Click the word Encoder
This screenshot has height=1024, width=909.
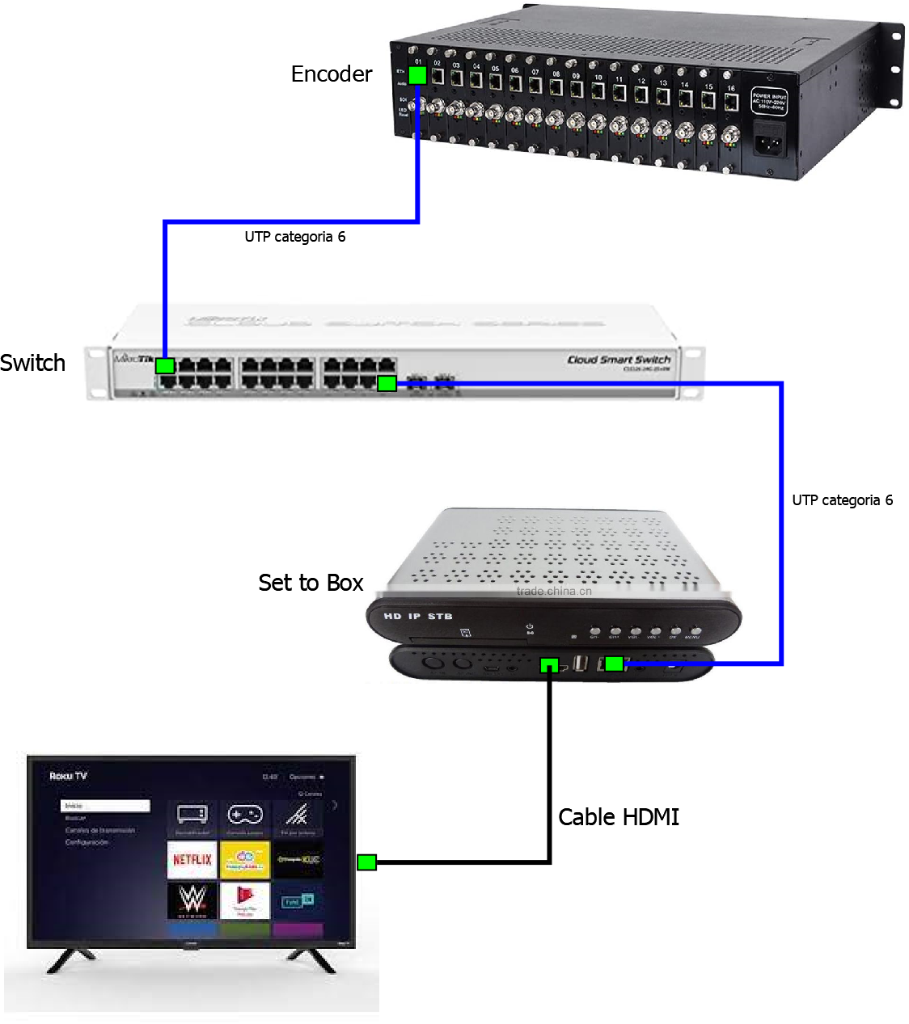(332, 74)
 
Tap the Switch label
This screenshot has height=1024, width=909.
(33, 363)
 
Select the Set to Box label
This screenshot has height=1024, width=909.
(311, 583)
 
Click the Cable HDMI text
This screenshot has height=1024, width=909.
(619, 817)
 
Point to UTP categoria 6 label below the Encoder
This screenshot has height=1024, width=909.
(295, 237)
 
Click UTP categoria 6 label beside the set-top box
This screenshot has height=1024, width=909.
(842, 500)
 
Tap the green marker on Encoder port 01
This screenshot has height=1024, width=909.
(417, 75)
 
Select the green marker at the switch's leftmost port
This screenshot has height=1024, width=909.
(165, 365)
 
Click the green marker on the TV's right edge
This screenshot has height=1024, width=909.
(366, 862)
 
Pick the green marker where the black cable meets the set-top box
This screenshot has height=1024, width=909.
(549, 665)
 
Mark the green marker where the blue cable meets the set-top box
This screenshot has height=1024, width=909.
(615, 664)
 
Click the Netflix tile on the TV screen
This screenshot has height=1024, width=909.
(192, 859)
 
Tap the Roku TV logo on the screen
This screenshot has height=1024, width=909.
(68, 776)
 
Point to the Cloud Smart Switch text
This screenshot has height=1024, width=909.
(619, 360)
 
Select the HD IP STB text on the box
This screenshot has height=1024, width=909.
(418, 617)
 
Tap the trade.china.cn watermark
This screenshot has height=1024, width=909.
(554, 591)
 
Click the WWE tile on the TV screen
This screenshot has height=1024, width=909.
(192, 900)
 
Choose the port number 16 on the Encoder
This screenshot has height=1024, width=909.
(730, 88)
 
